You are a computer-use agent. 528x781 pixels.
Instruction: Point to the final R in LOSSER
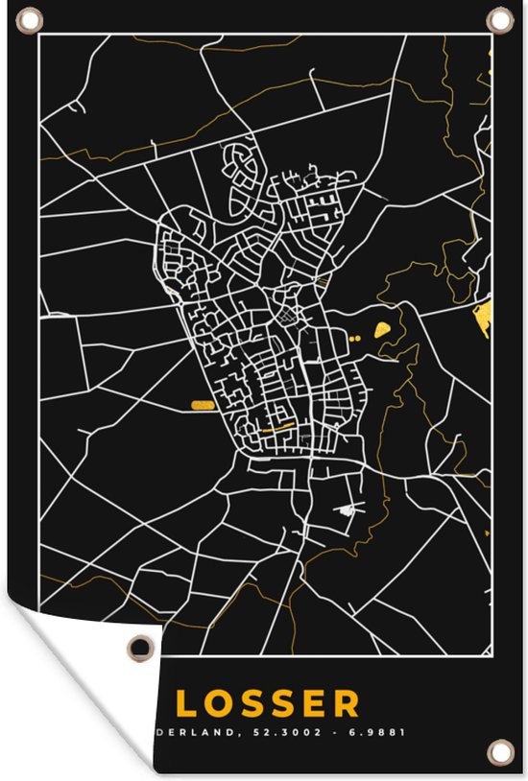[x=344, y=703]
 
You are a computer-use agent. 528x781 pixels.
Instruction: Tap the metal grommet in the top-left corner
[x=30, y=19]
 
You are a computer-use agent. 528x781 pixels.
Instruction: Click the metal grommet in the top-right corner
[x=499, y=19]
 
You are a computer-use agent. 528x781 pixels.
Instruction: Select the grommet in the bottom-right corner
[x=498, y=750]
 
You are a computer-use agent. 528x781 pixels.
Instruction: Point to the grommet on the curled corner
[x=142, y=649]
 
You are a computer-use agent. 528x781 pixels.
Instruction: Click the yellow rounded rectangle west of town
[x=203, y=405]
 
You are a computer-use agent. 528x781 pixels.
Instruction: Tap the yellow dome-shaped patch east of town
[x=384, y=330]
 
